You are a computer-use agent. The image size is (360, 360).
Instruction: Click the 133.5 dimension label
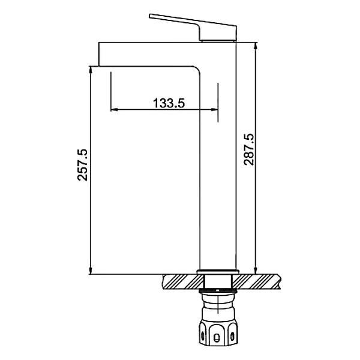click(169, 103)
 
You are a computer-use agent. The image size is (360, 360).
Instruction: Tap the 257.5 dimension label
click(82, 165)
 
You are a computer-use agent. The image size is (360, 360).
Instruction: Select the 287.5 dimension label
click(249, 149)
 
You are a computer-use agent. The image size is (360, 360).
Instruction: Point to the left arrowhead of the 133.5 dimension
click(114, 110)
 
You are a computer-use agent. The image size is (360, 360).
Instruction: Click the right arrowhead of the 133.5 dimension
click(214, 110)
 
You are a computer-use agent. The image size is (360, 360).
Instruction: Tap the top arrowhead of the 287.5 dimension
click(256, 46)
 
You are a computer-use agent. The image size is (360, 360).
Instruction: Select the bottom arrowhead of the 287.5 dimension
click(256, 271)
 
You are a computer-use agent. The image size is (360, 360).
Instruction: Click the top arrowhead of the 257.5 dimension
click(91, 70)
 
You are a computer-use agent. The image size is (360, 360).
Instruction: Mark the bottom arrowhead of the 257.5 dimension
click(91, 271)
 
